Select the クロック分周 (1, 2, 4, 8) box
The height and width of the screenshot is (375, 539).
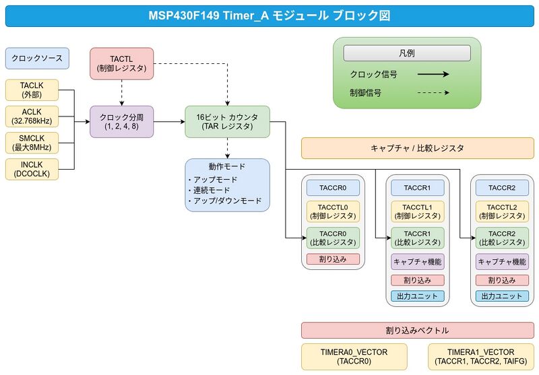point(122,121)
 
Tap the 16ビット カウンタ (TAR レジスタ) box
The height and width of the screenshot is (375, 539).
point(227,121)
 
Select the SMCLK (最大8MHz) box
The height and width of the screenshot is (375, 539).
point(32,143)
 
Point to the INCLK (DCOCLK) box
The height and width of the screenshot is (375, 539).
point(32,169)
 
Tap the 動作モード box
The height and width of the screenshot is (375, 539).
point(227,184)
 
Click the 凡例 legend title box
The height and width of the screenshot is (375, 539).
point(407,53)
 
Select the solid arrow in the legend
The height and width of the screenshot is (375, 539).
point(433,75)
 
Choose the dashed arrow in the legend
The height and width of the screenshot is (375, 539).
point(433,93)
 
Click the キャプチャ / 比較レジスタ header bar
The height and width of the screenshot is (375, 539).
point(417,148)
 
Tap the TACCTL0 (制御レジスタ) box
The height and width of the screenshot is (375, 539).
point(333,211)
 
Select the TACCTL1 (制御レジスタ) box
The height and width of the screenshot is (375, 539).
point(417,211)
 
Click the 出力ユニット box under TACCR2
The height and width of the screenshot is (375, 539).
point(501,296)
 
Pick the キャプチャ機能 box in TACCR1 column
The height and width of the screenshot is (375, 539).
point(417,262)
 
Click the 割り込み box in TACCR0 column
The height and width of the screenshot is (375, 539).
point(333,259)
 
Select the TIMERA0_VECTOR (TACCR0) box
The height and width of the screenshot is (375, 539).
point(354,357)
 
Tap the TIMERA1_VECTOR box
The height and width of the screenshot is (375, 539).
point(480,357)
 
